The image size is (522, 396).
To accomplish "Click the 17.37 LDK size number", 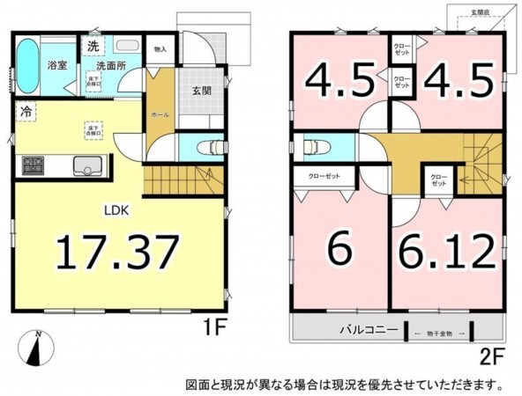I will pyautogui.click(x=118, y=253).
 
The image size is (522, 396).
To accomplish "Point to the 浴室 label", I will pyautogui.click(x=57, y=64).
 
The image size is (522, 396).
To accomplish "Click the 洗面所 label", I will pyautogui.click(x=110, y=65).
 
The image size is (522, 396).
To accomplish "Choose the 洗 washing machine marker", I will pyautogui.click(x=93, y=47).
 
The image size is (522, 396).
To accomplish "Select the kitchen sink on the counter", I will pyautogui.click(x=88, y=165).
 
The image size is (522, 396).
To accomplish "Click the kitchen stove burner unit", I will pyautogui.click(x=32, y=165).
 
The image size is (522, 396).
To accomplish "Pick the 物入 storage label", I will pyautogui.click(x=160, y=50).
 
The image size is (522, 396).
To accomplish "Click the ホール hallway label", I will pyautogui.click(x=160, y=114).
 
